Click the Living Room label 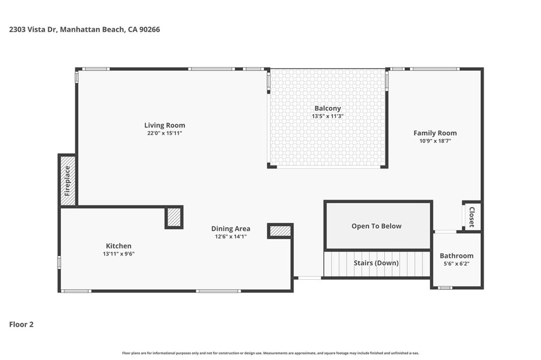165,126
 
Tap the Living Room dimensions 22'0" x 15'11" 165,133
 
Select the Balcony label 328,108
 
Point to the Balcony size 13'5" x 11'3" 328,116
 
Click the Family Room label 435,133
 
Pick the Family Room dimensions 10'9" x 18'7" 435,141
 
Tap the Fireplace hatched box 68,181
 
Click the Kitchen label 118,246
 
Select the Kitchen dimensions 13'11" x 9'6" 118,254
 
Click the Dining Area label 230,229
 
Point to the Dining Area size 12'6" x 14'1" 230,236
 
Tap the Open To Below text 376,226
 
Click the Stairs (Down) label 376,263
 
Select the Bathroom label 456,256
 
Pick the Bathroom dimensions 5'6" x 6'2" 456,264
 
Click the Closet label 472,217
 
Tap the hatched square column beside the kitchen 174,217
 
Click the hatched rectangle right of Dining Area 280,231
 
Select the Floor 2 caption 22,325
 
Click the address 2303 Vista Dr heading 85,30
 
